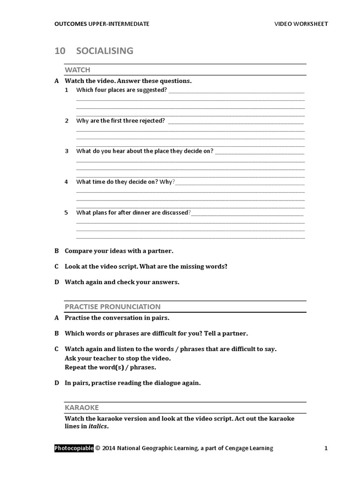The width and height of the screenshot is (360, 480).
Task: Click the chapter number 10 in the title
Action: [x=60, y=51]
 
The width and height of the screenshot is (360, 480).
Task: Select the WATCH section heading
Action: [x=77, y=70]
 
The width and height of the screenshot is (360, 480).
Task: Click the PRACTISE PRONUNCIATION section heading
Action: [x=112, y=307]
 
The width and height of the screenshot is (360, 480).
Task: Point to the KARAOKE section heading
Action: [x=82, y=407]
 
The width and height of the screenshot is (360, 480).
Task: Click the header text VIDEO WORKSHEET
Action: [x=301, y=24]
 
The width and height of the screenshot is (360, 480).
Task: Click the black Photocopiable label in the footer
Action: [x=74, y=448]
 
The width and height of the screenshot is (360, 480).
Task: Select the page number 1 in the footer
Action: [x=326, y=448]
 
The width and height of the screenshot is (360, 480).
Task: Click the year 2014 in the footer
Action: [x=108, y=448]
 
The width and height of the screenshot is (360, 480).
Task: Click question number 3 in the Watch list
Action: [x=67, y=151]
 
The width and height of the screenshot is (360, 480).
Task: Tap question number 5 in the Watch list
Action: [x=67, y=212]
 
